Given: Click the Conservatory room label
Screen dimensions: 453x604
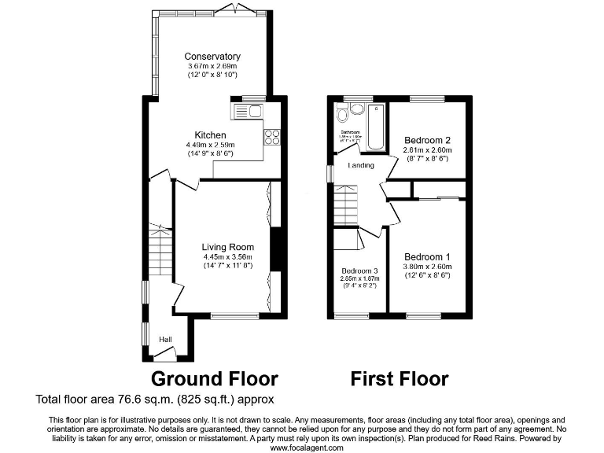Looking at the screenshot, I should tap(212, 57).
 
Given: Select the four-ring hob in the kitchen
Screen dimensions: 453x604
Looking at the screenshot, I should tap(272, 138).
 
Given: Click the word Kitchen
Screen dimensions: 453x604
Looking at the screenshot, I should tap(210, 135).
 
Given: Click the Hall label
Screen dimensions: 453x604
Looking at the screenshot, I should tap(165, 340).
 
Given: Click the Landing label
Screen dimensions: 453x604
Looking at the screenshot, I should tap(361, 165).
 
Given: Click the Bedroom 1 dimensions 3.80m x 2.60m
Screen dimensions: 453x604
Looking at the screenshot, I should tap(428, 267).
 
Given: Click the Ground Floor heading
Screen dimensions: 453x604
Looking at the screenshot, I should tap(214, 379).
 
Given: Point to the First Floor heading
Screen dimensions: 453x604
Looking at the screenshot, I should tap(400, 379).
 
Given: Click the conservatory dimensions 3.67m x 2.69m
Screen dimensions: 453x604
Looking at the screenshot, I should tap(212, 67).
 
